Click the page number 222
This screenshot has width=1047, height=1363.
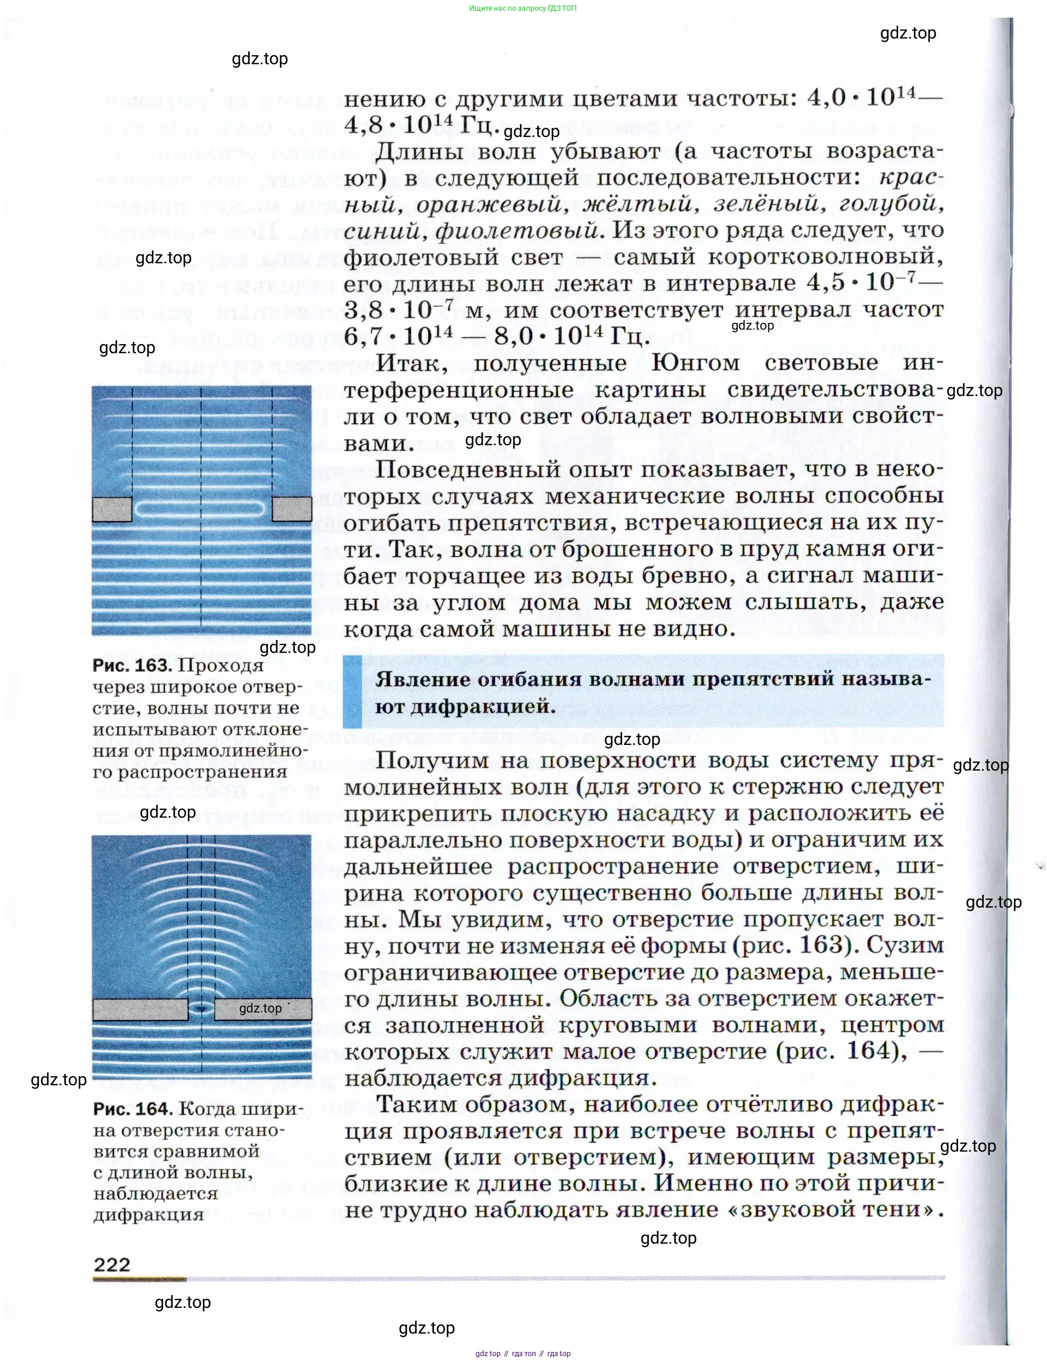click(x=112, y=1264)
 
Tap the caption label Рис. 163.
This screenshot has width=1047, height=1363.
click(x=132, y=666)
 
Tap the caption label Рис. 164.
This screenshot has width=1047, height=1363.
click(x=133, y=1109)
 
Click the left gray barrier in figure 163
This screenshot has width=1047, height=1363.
click(x=112, y=509)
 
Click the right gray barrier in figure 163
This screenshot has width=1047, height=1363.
click(x=292, y=509)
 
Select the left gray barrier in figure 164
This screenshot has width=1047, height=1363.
click(x=140, y=1009)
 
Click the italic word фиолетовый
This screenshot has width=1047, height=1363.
click(x=517, y=231)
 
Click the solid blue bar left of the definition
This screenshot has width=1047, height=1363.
click(x=353, y=692)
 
